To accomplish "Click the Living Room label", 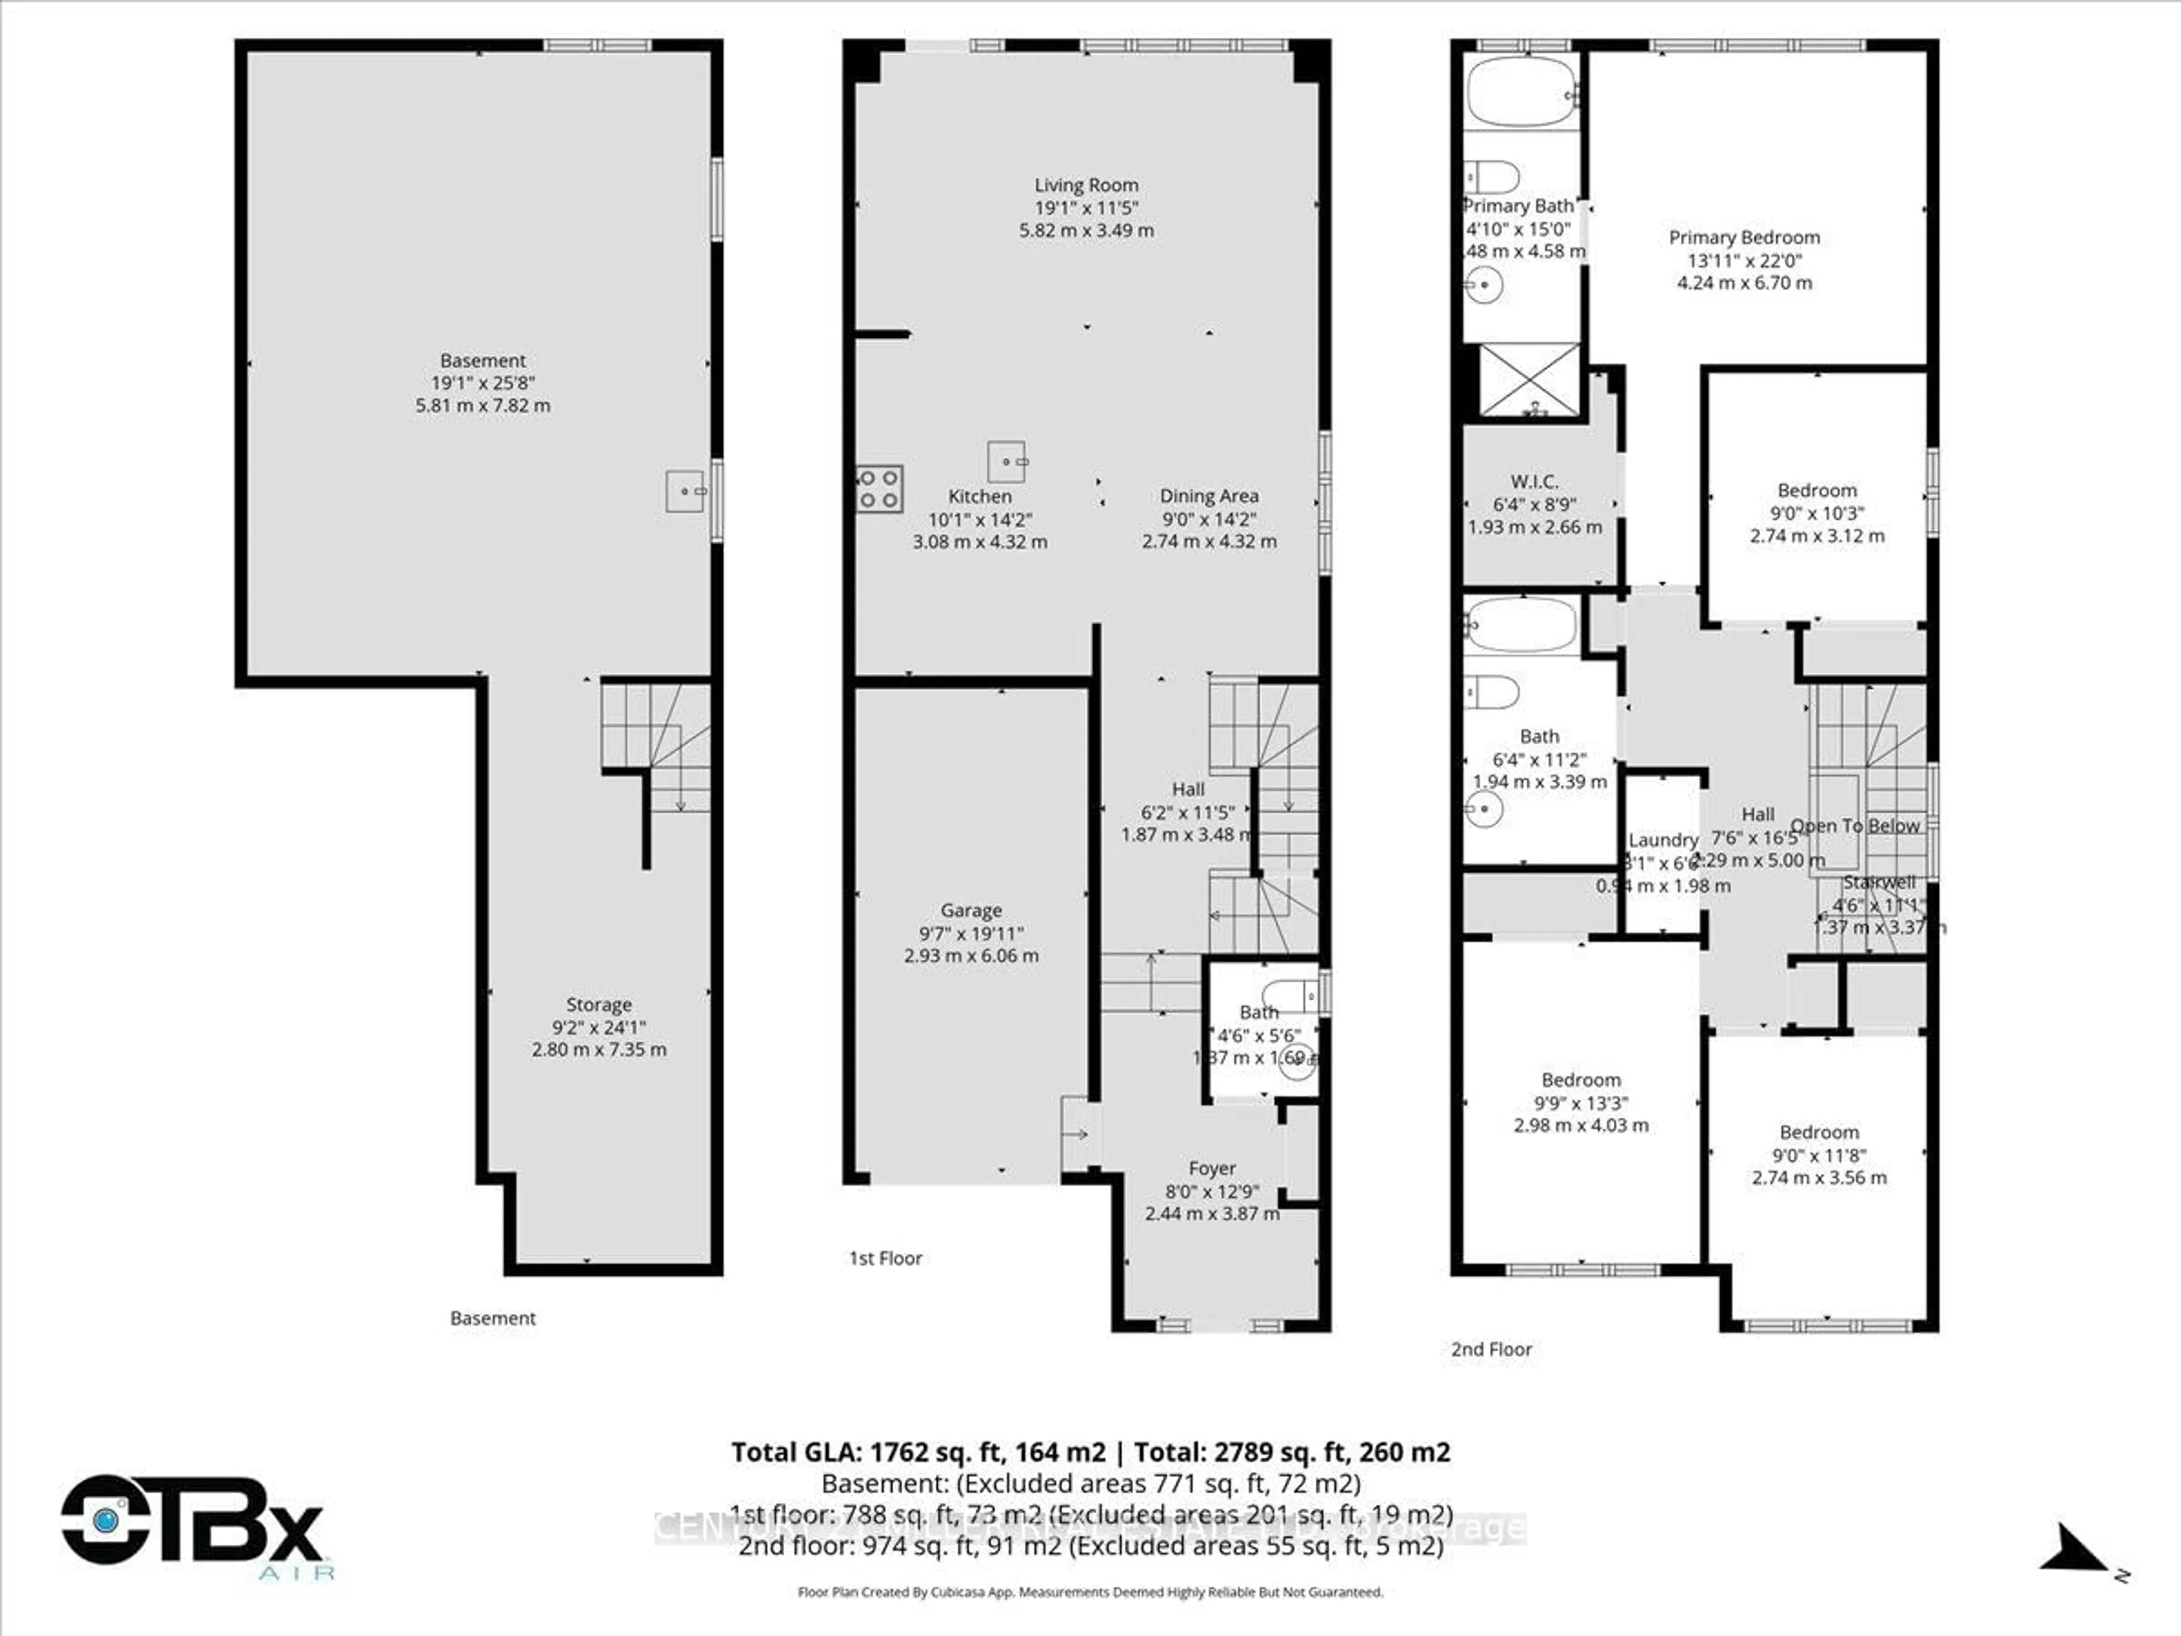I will pos(1085,185).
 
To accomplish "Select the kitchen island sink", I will pos(1006,461).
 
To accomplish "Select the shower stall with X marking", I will pos(1530,379).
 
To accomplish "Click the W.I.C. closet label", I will pos(1534,481).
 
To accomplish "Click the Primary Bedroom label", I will pos(1743,237).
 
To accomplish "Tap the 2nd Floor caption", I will pos(1491,1349).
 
